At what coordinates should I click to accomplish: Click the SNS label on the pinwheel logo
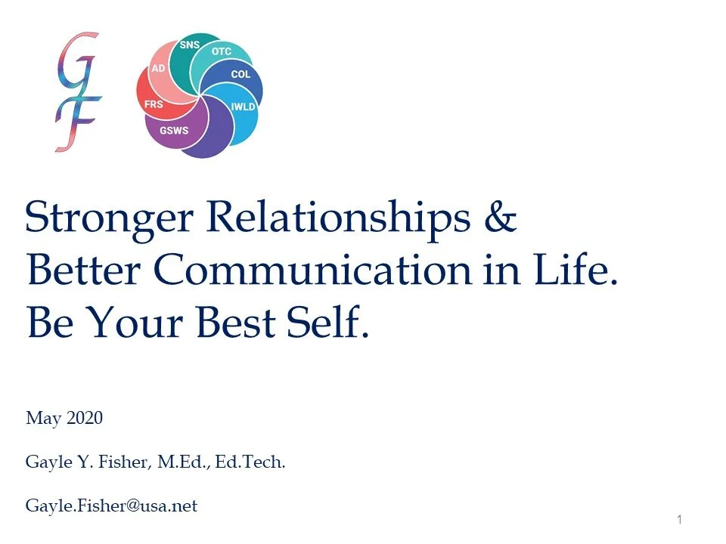(x=189, y=45)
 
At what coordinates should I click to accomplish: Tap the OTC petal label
(x=222, y=52)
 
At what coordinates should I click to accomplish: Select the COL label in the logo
(x=240, y=75)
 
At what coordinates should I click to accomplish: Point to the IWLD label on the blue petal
(x=243, y=107)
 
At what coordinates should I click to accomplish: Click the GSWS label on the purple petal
(x=174, y=130)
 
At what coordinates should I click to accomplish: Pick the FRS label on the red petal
(x=154, y=104)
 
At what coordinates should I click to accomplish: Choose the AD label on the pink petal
(x=158, y=68)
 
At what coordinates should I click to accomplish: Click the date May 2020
(x=64, y=418)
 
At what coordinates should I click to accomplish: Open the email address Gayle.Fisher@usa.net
(x=111, y=506)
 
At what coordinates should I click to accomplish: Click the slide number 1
(x=680, y=519)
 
